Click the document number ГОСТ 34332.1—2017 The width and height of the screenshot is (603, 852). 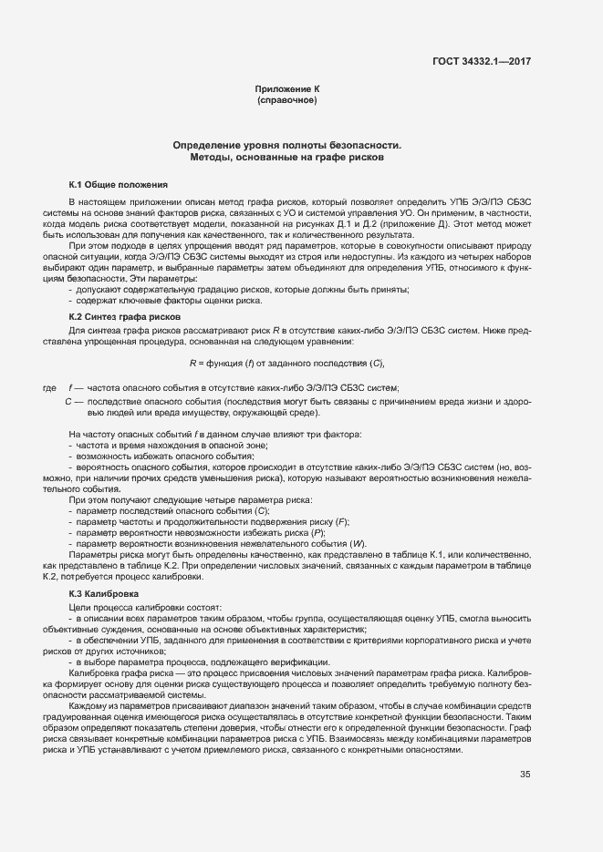(x=482, y=61)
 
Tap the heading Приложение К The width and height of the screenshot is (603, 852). (x=287, y=89)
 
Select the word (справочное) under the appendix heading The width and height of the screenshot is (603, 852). (x=287, y=100)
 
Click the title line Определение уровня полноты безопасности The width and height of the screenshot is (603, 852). (x=287, y=146)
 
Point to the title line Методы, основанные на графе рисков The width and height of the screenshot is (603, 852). (x=287, y=158)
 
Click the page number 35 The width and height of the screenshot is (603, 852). (x=525, y=775)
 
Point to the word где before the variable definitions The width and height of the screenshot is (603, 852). (x=50, y=388)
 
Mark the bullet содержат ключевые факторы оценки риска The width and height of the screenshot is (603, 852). (x=157, y=300)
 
